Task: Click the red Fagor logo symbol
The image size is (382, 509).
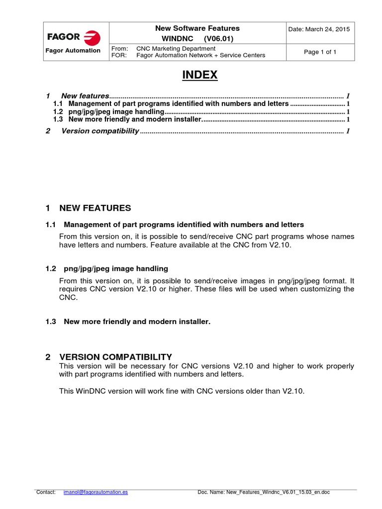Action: [x=92, y=38]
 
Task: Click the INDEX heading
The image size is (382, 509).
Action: [x=199, y=75]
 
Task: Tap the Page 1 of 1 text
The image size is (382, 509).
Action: [x=320, y=52]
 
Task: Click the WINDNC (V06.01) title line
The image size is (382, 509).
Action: [x=197, y=39]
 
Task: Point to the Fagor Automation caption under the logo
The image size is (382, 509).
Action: [x=73, y=51]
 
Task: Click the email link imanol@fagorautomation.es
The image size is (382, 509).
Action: [x=96, y=492]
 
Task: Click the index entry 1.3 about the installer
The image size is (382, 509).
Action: [x=134, y=119]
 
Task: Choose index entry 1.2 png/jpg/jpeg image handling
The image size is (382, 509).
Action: [x=116, y=112]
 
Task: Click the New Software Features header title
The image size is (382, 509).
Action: [x=197, y=28]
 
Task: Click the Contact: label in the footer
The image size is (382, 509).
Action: [x=46, y=492]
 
